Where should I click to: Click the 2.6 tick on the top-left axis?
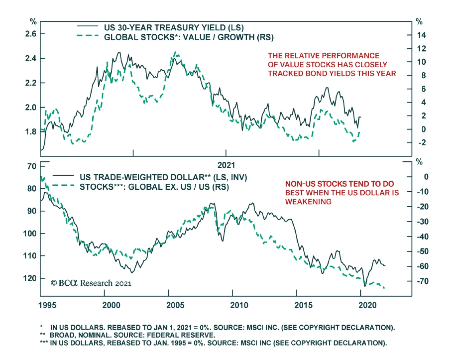[31, 34]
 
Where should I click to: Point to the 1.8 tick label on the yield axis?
[31, 132]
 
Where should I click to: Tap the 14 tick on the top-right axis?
[421, 35]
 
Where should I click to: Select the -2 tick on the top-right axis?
[422, 143]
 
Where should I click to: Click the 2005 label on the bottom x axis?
[175, 305]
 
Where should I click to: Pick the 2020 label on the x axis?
[367, 305]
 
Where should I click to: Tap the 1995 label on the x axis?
[47, 305]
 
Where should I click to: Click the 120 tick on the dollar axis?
[30, 278]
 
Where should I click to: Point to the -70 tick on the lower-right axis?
[423, 281]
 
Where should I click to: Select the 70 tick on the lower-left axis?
[32, 166]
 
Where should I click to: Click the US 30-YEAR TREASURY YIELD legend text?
[174, 28]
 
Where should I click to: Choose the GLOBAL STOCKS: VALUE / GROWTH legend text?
[189, 37]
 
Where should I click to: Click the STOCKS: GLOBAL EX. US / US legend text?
[154, 187]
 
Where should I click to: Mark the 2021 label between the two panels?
[226, 165]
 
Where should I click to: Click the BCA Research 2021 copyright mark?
[91, 283]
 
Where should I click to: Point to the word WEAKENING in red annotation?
[308, 202]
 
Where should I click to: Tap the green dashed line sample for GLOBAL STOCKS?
[88, 36]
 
